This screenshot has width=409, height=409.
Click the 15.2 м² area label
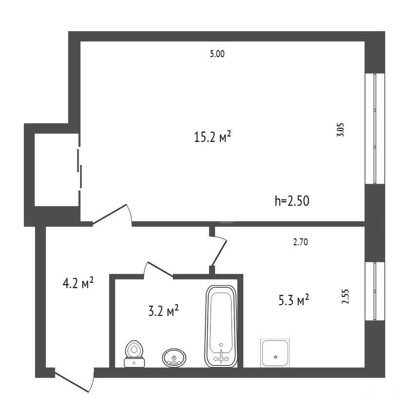coord(213,136)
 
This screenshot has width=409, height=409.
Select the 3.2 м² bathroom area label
coord(163,311)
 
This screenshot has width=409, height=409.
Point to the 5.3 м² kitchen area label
coord(293,300)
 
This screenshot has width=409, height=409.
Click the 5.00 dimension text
coord(217,54)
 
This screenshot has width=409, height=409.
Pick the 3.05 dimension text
coord(341,130)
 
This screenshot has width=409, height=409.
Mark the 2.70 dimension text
coord(300,242)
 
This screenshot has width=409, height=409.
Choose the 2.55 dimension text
coord(345,296)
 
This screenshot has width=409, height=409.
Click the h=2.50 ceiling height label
coord(292,201)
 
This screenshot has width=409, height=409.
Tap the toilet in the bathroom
coord(135,354)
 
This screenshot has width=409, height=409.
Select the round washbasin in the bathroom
coord(174,358)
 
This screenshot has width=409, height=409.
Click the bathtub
coord(221,326)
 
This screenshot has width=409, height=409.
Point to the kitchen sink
coord(275,353)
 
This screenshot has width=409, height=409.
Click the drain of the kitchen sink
coord(275,357)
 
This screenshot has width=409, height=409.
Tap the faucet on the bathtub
coord(221,356)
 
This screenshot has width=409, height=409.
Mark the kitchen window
coord(375,291)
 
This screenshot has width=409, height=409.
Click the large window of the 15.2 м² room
coord(375,129)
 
